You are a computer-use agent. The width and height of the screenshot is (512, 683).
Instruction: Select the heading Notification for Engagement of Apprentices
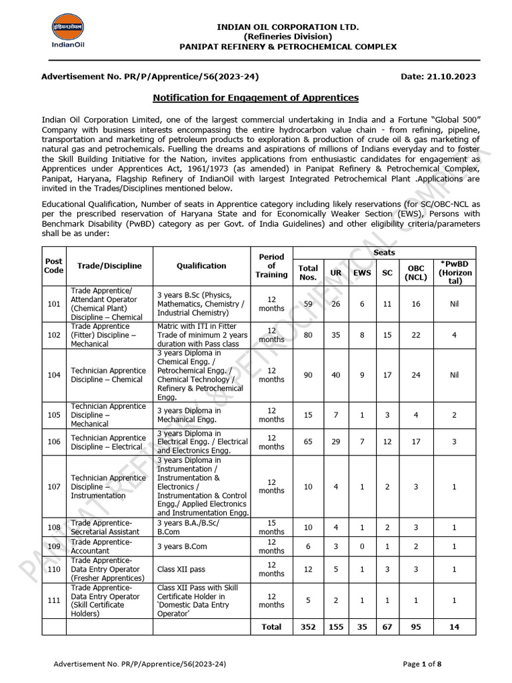click(x=256, y=97)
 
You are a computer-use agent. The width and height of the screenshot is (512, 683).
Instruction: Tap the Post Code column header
click(x=53, y=265)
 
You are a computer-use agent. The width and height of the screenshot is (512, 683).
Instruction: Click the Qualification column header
click(x=201, y=265)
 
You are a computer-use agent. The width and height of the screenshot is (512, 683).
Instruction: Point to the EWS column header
click(x=361, y=273)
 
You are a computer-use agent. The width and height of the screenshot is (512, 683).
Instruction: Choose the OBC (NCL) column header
click(x=416, y=273)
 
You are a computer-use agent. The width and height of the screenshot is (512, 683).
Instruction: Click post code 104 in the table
click(x=53, y=375)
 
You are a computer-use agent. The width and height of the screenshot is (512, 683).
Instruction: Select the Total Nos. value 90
click(x=308, y=375)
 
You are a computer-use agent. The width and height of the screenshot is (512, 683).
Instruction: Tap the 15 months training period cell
click(x=271, y=527)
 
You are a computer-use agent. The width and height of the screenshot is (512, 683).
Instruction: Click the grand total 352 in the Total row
click(x=308, y=627)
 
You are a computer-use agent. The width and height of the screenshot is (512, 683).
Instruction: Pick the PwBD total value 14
click(x=454, y=627)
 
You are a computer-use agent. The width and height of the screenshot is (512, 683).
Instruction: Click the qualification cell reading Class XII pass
click(x=179, y=569)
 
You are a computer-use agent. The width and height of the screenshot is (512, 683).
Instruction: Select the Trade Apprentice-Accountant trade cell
click(x=100, y=547)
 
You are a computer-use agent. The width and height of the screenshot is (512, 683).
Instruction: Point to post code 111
click(x=53, y=600)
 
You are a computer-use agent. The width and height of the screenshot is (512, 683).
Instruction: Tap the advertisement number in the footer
click(x=139, y=664)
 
